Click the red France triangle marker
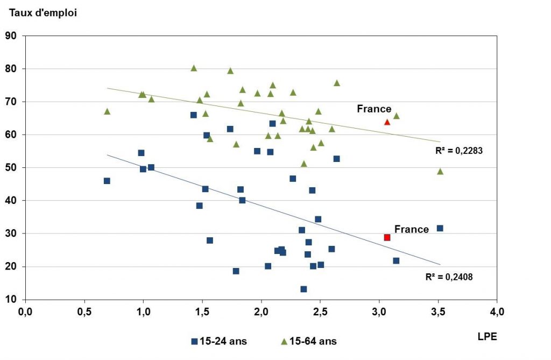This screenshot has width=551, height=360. click(x=387, y=122)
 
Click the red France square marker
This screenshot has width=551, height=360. click(x=387, y=237)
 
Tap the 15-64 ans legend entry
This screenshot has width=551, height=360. click(x=309, y=341)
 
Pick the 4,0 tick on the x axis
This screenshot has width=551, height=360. click(x=497, y=312)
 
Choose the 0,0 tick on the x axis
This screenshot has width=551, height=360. click(x=25, y=312)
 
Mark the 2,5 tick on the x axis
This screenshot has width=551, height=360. click(x=320, y=312)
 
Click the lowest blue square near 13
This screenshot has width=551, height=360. click(x=303, y=289)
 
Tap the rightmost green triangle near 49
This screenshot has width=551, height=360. click(x=440, y=171)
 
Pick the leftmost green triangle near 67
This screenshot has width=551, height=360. click(x=107, y=111)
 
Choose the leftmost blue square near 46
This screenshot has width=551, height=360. click(x=107, y=181)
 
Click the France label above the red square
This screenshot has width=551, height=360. click(x=412, y=230)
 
